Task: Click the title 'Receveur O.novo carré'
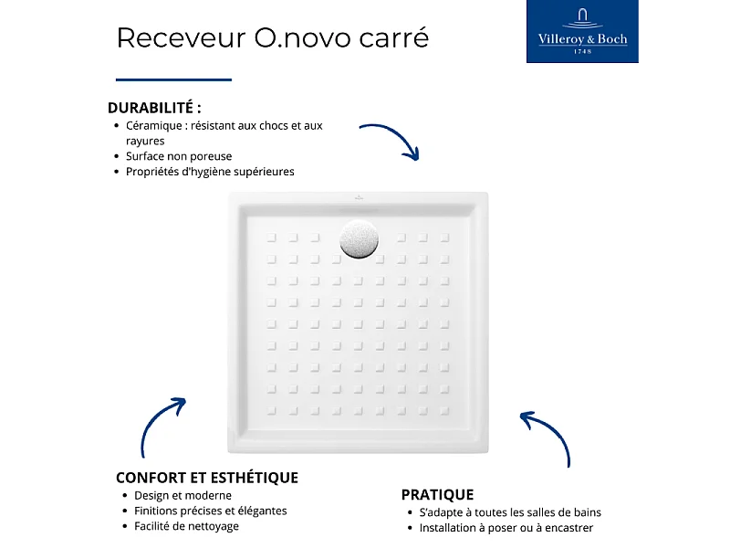point(272,38)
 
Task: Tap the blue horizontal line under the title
point(173,79)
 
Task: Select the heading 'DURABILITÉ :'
point(154,107)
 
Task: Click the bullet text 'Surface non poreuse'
point(179,156)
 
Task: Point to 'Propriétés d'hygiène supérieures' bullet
point(210,172)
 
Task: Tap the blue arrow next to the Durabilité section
point(391,139)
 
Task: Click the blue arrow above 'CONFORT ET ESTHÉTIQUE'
point(162,426)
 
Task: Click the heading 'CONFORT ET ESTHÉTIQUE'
point(207,478)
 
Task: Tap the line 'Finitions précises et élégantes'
point(210,511)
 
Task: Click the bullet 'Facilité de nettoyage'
point(186,526)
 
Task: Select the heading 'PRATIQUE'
point(437,495)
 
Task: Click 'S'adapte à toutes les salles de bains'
point(510,512)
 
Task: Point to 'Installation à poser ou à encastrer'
point(506,528)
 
